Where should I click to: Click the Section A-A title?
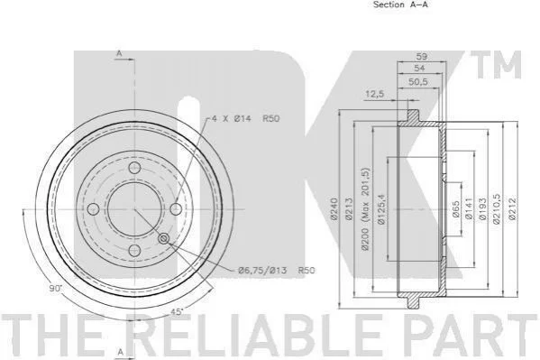[x=400, y=5]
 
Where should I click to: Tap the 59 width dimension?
[x=422, y=56]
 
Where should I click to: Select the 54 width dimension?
[x=419, y=68]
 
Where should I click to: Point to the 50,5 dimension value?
[x=417, y=82]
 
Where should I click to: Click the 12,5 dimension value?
[x=375, y=94]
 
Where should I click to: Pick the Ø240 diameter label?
[x=334, y=209]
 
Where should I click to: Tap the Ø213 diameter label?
[x=349, y=209]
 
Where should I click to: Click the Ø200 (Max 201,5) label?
[x=365, y=209]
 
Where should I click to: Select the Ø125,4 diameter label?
[x=381, y=209]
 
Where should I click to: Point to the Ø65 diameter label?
[x=455, y=209]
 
